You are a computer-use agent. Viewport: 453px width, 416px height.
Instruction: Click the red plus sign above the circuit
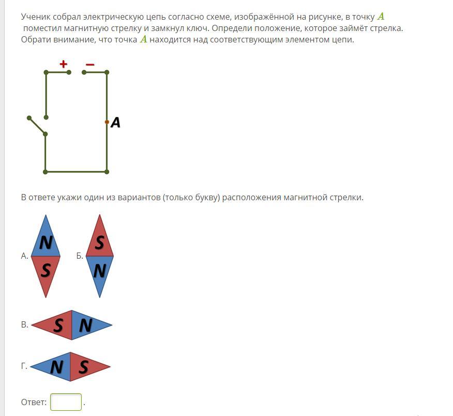point(63,64)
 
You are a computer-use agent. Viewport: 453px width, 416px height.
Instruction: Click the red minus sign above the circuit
point(90,65)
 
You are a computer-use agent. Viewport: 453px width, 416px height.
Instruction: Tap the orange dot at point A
point(107,122)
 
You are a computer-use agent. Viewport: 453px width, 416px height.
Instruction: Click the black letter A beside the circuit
point(115,122)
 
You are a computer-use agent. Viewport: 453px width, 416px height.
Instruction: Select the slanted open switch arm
point(37,126)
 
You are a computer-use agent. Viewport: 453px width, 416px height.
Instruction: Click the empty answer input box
point(66,402)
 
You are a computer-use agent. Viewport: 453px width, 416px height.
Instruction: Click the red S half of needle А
point(46,272)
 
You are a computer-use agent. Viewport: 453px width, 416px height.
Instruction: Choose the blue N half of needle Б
point(100,272)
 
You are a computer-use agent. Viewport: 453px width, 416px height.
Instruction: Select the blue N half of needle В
point(87,325)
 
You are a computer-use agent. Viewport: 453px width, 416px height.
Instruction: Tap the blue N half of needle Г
point(55,367)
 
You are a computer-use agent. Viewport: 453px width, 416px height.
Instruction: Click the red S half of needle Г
point(85,367)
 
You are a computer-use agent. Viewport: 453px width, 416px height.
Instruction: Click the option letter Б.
point(80,256)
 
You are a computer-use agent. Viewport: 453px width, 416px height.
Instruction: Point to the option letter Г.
point(24,366)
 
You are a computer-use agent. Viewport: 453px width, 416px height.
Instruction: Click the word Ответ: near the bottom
point(34,402)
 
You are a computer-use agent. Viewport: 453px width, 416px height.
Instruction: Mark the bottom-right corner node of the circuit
point(107,172)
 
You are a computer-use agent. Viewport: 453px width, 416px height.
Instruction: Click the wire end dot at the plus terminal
point(69,72)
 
